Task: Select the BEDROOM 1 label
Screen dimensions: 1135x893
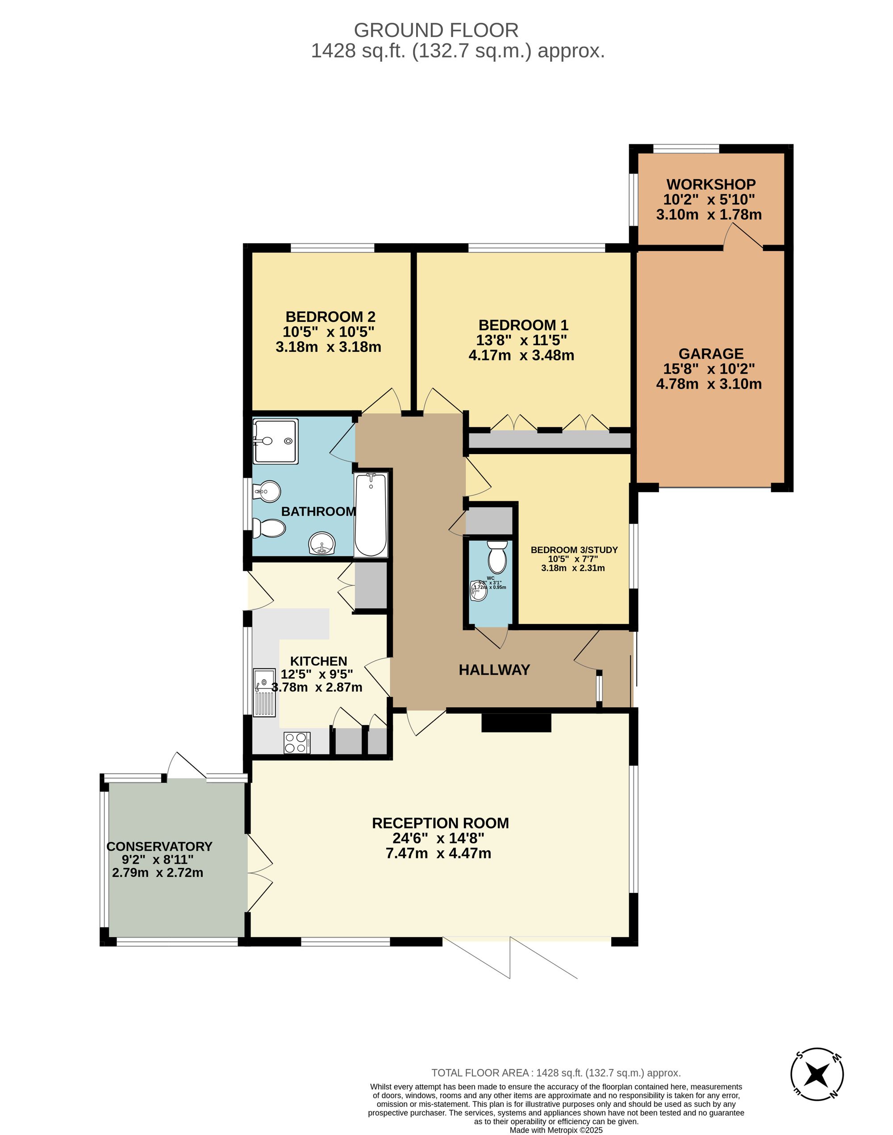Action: (523, 325)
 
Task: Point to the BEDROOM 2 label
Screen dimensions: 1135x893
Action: (330, 317)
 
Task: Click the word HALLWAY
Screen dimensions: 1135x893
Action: (494, 670)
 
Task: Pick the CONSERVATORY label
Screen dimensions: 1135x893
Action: (159, 847)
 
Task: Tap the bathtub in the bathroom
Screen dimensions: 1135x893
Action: (371, 515)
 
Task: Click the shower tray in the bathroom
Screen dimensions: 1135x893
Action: (275, 441)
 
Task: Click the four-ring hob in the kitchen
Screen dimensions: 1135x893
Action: (296, 743)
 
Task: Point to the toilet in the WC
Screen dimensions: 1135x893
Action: (497, 557)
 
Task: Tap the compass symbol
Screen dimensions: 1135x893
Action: (817, 1074)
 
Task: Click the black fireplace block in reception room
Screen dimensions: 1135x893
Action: (516, 723)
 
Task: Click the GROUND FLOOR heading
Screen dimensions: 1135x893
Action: (436, 30)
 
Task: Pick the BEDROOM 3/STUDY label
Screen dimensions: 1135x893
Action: (574, 550)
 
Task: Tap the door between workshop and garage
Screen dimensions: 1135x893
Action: (743, 237)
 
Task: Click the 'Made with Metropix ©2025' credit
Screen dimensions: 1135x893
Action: (556, 1130)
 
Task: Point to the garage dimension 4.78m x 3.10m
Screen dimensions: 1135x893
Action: (709, 384)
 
